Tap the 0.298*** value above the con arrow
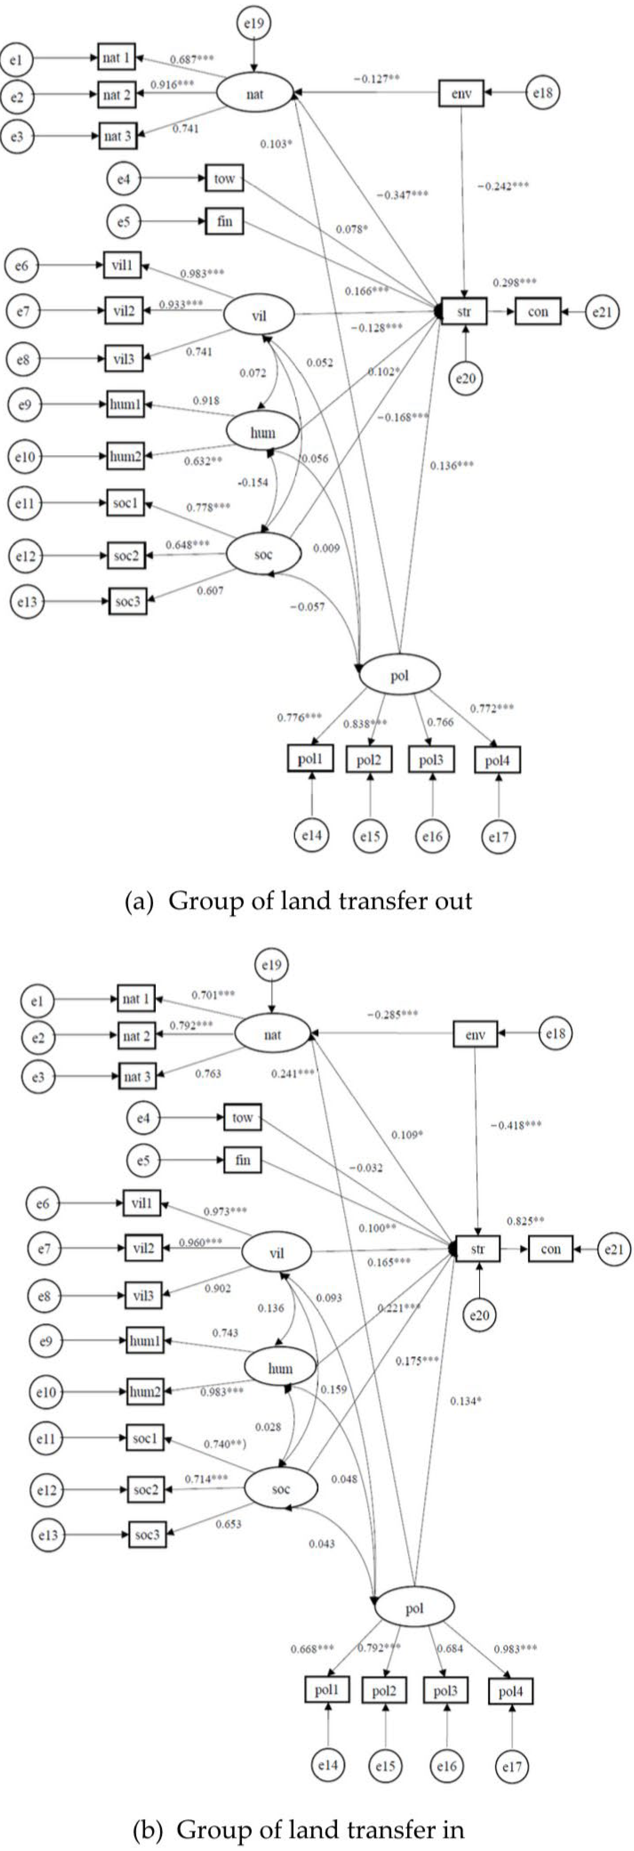[x=514, y=283]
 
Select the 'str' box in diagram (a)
[x=464, y=312]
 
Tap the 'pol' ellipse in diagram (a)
[x=399, y=675]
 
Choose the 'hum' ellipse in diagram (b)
[x=280, y=1369]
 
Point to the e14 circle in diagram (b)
[x=328, y=1765]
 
